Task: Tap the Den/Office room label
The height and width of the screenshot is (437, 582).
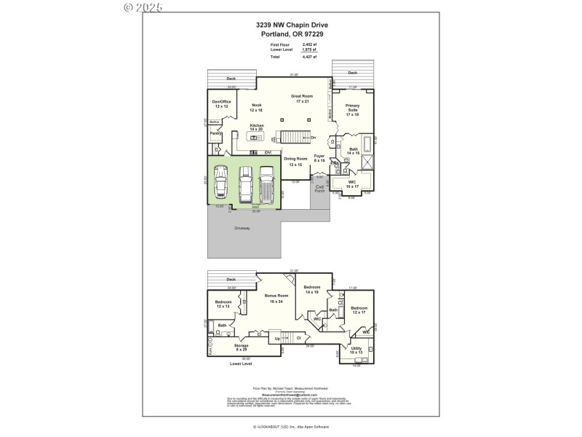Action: [x=221, y=104]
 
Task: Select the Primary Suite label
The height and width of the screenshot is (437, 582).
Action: [x=352, y=110]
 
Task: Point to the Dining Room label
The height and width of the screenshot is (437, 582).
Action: [x=295, y=161]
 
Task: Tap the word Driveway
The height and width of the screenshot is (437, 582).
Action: [x=242, y=228]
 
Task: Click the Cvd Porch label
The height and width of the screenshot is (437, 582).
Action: [x=319, y=189]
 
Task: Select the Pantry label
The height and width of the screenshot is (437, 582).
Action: [x=216, y=133]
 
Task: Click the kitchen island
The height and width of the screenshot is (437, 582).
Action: [x=257, y=136]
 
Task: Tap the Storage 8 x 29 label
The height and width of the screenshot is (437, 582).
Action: [x=242, y=347]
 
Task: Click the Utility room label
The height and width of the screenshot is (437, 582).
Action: [x=356, y=350]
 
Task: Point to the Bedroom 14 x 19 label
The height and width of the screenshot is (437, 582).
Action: [x=312, y=290]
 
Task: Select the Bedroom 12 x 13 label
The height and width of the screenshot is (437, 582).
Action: [x=223, y=304]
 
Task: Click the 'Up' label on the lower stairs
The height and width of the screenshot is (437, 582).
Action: [x=276, y=338]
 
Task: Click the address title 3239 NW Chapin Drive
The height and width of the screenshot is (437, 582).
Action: [x=290, y=25]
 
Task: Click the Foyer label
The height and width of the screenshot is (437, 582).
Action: [x=319, y=157]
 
